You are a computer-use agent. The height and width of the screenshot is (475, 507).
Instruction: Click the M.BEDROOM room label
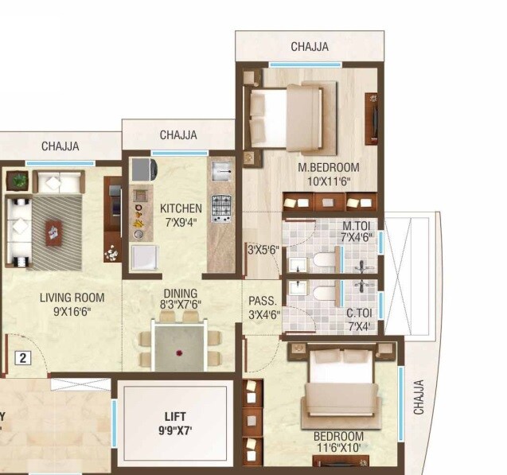point(328,168)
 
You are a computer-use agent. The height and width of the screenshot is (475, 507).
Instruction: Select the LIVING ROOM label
point(72,298)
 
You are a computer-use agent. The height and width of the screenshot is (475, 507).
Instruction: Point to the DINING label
point(180,293)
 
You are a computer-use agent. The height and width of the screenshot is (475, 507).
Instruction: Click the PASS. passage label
point(262,302)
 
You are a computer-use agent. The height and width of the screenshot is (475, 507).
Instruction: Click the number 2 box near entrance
point(23,358)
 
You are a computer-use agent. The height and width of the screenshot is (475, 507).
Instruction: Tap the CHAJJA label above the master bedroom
point(309,47)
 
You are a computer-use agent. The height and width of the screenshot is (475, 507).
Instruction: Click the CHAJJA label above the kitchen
point(178,135)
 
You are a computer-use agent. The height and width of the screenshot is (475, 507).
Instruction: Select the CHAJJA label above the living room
point(60,146)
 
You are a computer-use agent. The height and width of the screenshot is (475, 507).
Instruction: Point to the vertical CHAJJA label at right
point(419,396)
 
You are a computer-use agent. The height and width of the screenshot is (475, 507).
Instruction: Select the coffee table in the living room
point(53,232)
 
